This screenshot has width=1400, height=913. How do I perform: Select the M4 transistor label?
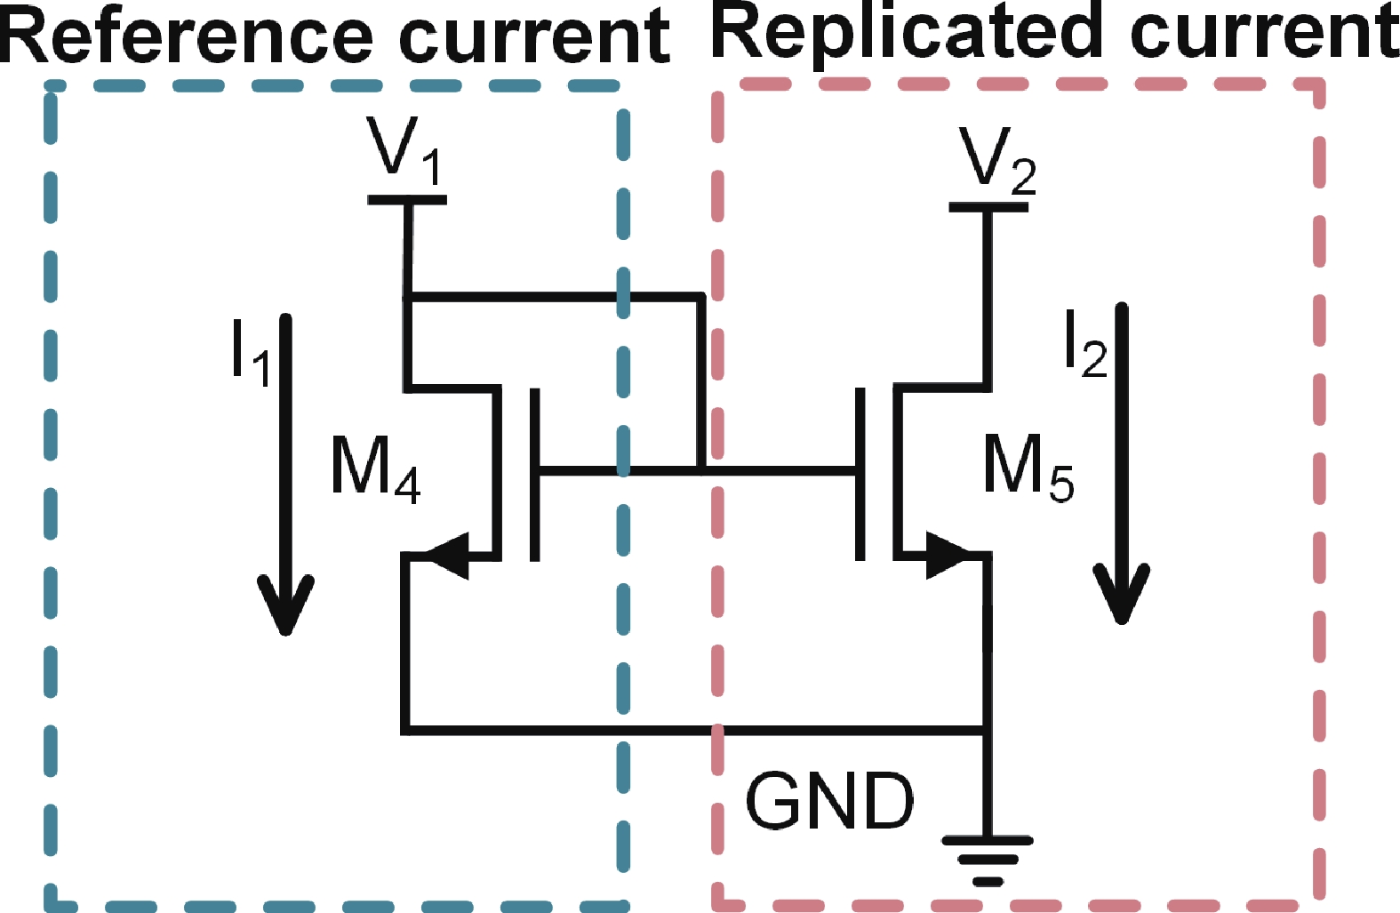click(x=374, y=469)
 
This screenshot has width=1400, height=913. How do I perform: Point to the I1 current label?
click(x=249, y=351)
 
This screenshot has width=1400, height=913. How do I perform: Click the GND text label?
click(x=828, y=801)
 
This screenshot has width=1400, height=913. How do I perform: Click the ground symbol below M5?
click(x=987, y=859)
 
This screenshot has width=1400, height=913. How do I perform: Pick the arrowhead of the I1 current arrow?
click(x=285, y=605)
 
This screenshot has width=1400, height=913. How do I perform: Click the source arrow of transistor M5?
click(x=946, y=557)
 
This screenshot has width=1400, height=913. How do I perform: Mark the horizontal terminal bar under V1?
click(x=407, y=200)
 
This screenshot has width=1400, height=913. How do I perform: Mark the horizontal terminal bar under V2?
click(x=988, y=207)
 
